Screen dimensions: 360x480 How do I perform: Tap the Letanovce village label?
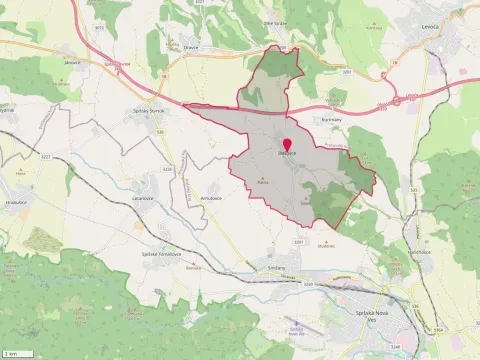(x=141, y=199)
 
